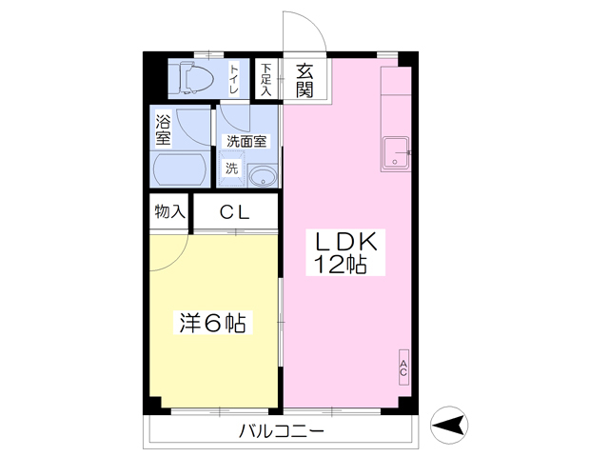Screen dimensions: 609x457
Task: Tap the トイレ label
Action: [x=234, y=79]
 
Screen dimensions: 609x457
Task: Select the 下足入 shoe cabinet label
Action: [x=265, y=79]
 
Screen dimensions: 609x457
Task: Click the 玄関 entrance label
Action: [x=304, y=81]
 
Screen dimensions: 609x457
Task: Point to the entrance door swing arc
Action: [x=311, y=23]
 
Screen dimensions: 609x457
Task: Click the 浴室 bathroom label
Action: [x=163, y=129]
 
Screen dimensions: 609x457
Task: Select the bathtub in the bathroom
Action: [x=180, y=169]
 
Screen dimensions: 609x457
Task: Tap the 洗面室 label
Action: [x=246, y=142]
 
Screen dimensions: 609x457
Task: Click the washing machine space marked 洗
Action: [x=232, y=169]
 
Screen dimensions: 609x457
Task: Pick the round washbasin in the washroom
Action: [x=263, y=176]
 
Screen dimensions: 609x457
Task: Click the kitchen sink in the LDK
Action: [x=396, y=153]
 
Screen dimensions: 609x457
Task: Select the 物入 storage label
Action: [x=169, y=211]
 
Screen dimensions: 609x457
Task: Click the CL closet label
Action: [x=235, y=212]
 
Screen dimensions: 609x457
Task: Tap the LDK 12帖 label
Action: [x=345, y=252]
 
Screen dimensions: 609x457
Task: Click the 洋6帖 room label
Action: [x=213, y=323]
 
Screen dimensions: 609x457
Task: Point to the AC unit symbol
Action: [x=403, y=368]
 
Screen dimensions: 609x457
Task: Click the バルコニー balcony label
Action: [x=282, y=431]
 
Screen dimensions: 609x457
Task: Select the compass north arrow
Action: [x=449, y=425]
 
